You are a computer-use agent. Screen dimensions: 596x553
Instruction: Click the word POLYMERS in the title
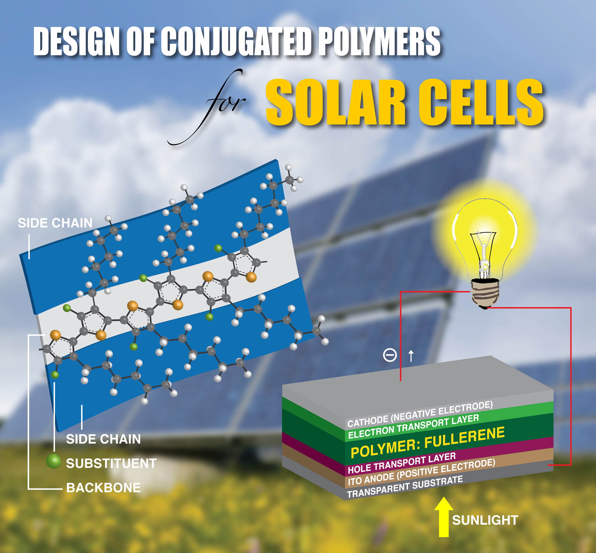coord(379,41)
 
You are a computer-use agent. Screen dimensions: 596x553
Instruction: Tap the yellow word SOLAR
coord(336,102)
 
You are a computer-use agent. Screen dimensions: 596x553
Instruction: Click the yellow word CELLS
coord(481,102)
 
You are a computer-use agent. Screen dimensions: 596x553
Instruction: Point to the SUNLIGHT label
coord(485,520)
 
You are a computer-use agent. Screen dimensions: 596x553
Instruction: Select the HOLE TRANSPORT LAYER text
coord(402,463)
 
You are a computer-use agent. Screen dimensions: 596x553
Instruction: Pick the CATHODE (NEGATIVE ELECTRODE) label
coord(420,414)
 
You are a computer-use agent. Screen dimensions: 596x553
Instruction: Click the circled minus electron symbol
coord(390,355)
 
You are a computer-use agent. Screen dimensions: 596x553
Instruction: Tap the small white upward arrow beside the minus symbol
coord(411,356)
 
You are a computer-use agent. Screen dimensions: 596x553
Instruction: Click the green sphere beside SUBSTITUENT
coord(54,461)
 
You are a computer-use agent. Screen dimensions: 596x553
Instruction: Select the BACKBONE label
coord(103,488)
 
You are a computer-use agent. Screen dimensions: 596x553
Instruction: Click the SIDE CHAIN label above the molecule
coord(55,223)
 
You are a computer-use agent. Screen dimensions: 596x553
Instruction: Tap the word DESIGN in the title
coord(77,41)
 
